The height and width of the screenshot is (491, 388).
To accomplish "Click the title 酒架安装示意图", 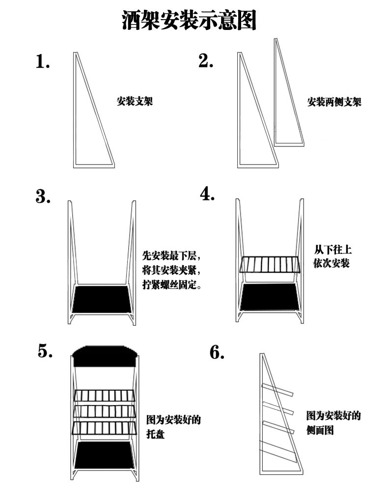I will pyautogui.click(x=189, y=21).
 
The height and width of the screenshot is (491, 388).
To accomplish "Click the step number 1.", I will pyautogui.click(x=43, y=62).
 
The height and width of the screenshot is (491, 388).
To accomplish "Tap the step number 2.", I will pyautogui.click(x=206, y=61).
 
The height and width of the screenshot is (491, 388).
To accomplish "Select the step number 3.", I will pyautogui.click(x=43, y=196).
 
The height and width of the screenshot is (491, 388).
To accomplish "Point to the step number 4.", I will pyautogui.click(x=208, y=194).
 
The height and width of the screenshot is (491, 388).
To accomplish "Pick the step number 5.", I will pyautogui.click(x=45, y=352).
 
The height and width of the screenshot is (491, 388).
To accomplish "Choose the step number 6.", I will pyautogui.click(x=217, y=353).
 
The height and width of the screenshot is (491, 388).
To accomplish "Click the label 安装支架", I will pyautogui.click(x=135, y=102).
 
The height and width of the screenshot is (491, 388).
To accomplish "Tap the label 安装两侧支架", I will pyautogui.click(x=334, y=103).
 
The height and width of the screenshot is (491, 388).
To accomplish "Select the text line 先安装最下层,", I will pyautogui.click(x=171, y=256).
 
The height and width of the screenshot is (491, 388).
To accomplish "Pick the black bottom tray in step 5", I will pyautogui.click(x=103, y=455).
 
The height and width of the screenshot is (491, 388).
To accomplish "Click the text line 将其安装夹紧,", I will pyautogui.click(x=171, y=271).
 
